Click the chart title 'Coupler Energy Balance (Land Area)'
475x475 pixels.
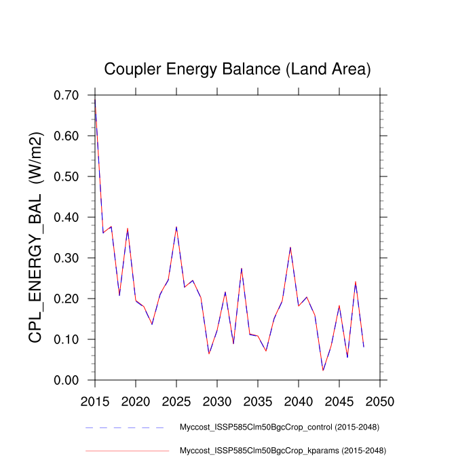237,69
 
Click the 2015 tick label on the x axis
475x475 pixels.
95,400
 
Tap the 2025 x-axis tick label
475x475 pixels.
176,400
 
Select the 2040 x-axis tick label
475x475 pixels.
299,400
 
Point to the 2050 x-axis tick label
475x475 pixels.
380,400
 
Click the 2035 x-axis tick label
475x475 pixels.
258,400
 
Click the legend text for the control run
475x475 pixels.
278,427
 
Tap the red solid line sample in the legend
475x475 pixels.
127,450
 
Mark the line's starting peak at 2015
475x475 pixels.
95,99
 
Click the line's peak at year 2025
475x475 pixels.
176,227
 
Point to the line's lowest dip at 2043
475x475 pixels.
323,370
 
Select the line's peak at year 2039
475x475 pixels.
290,248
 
